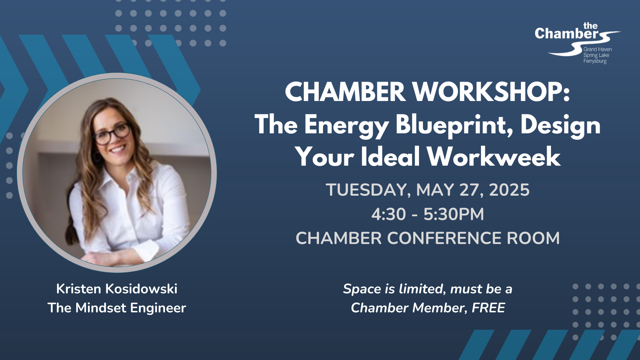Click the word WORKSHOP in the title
pos(492,92)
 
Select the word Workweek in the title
pos(494,157)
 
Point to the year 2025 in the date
pos(509,190)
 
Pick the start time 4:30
pos(389,214)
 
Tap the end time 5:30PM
pos(454,214)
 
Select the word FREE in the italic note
pos(488,308)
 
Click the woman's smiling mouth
pos(117,149)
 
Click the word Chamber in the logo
pos(567,34)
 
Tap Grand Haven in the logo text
pos(598,49)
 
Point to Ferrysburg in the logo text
pos(595,61)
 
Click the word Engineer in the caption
pos(158,308)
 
